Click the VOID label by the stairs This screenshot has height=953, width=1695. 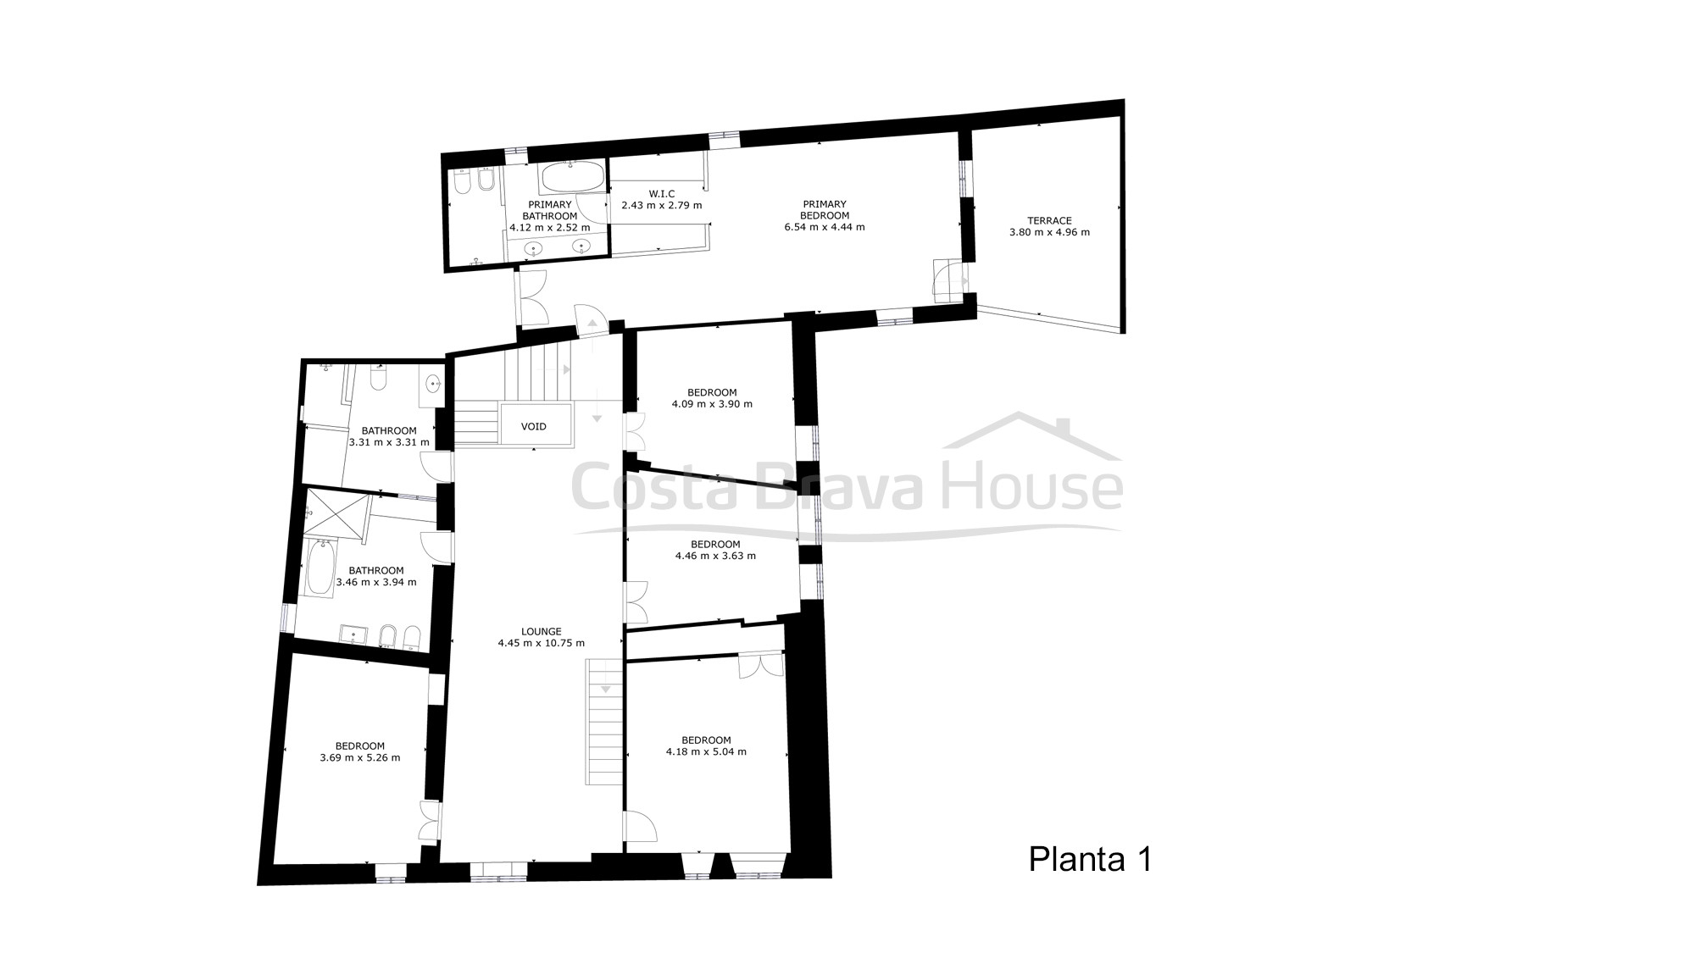pos(534,426)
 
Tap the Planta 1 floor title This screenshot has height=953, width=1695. pos(1091,859)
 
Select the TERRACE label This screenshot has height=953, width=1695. pos(1052,220)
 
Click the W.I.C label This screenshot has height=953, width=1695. pos(661,194)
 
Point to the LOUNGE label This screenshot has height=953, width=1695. pos(542,631)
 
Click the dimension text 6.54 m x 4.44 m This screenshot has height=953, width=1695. pos(825,227)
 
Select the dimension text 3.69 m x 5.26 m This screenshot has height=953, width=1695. pos(360,757)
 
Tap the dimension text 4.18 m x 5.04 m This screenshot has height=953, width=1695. pos(706,751)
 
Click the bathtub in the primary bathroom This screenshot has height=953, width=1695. pos(572,176)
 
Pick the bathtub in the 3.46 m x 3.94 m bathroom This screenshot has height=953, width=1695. pos(320,568)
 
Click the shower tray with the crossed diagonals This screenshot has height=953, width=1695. pos(337,513)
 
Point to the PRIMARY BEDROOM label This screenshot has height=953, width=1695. pos(825,209)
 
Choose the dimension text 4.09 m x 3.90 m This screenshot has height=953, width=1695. pos(712,404)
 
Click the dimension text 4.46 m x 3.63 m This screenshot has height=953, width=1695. pos(715,556)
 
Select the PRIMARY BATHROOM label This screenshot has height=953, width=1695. pos(550,210)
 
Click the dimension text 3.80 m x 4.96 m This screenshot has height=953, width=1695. pos(1050,232)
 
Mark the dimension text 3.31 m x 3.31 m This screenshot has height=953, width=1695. pos(389,442)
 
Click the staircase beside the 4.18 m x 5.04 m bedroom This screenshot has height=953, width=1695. pos(604,723)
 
